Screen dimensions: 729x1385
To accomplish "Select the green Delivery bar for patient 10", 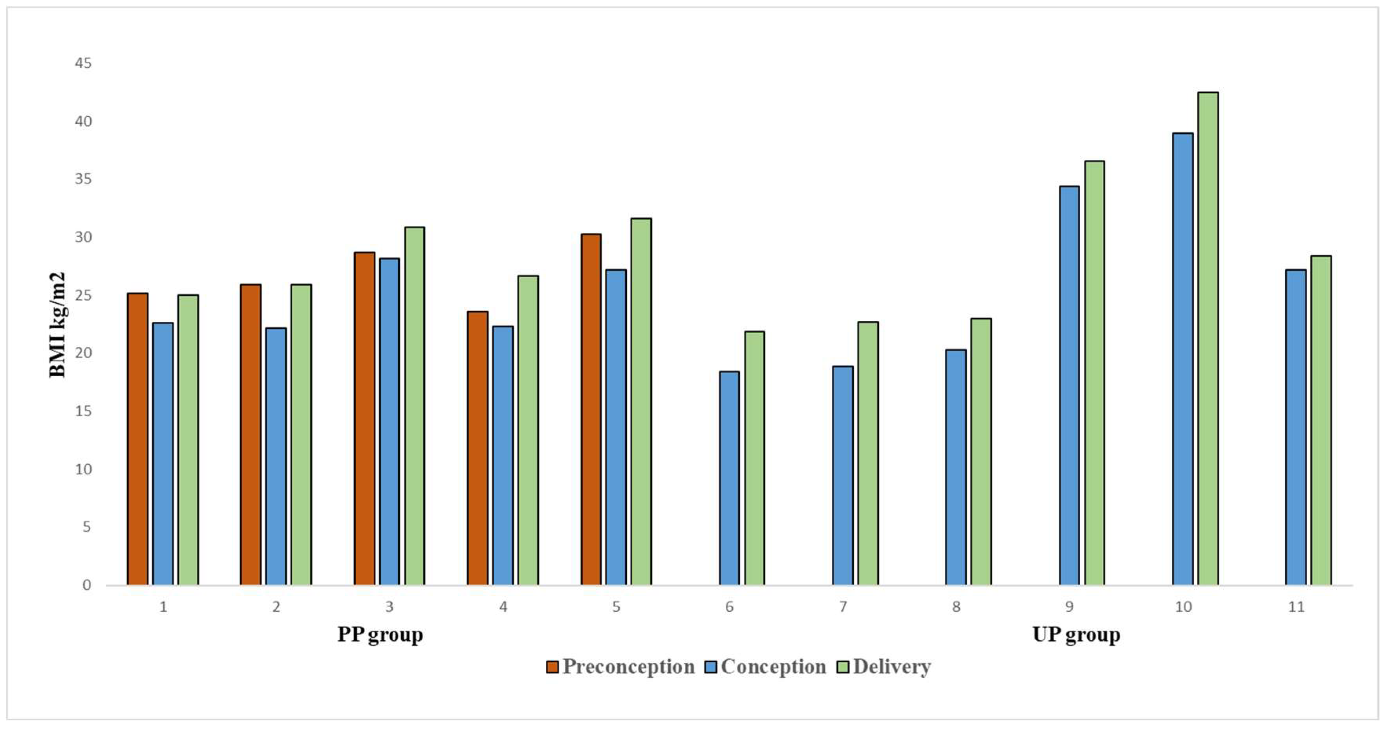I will [x=1208, y=339].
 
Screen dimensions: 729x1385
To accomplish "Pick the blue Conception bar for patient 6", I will [x=729, y=478].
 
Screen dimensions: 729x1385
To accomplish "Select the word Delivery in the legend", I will [x=891, y=667].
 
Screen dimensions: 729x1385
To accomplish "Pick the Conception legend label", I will [x=773, y=667].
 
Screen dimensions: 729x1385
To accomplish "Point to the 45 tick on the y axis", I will [x=83, y=64].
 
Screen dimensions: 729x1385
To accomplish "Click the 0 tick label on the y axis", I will [x=86, y=585].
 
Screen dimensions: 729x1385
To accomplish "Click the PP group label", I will [x=380, y=635].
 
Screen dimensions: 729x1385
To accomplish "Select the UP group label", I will [x=1076, y=635].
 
